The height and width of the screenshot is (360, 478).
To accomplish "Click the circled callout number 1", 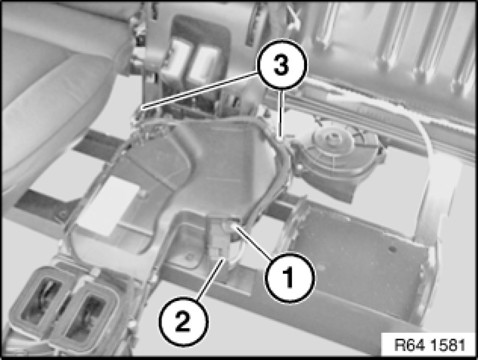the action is [289, 278].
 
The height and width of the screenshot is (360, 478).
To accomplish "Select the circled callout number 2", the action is [184, 321].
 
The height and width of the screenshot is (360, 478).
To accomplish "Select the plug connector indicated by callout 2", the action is [219, 241].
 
